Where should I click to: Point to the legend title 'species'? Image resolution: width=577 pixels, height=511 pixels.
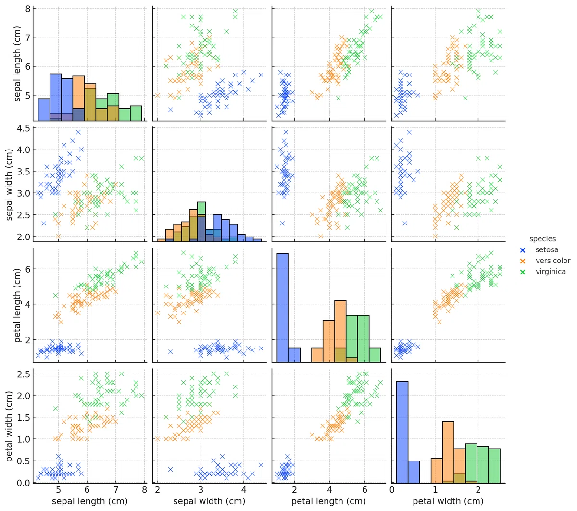point(542,239)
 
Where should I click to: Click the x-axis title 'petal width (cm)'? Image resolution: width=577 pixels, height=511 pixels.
point(448,501)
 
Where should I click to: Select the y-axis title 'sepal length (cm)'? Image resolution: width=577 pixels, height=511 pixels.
point(17,64)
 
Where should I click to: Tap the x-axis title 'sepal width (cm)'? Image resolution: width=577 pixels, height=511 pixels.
point(209,501)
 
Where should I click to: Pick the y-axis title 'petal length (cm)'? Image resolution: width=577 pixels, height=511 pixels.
point(17,305)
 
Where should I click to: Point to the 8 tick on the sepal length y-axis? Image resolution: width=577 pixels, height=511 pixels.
point(27,9)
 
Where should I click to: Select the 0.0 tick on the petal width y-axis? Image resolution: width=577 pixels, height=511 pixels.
point(23,483)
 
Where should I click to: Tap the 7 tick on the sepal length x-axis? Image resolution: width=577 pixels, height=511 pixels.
point(115,490)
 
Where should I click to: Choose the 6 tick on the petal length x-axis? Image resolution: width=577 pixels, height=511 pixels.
point(364,490)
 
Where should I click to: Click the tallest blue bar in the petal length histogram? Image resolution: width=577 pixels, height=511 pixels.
point(283,308)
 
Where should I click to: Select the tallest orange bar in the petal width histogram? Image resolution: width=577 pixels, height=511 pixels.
point(448,452)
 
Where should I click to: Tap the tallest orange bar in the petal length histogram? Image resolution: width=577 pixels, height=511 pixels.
point(340,331)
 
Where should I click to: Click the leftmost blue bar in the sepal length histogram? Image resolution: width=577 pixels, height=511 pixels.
point(44,110)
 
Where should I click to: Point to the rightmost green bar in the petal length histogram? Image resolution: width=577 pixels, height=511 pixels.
point(375,355)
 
